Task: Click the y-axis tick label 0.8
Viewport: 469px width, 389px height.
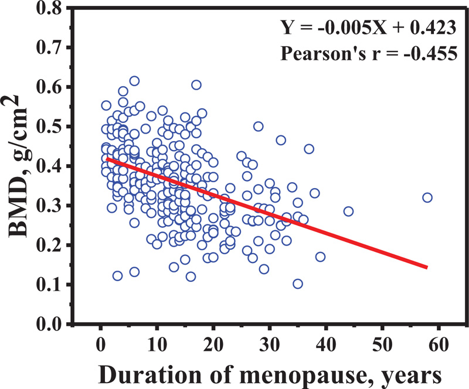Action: [x=55, y=9]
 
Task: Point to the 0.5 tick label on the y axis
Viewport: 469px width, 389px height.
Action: [x=55, y=127]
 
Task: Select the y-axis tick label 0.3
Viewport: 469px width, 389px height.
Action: [x=55, y=206]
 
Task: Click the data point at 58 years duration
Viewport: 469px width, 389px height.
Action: [x=427, y=197]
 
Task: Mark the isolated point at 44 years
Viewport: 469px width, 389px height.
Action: [x=348, y=211]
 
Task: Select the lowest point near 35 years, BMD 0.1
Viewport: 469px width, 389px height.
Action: [x=298, y=284]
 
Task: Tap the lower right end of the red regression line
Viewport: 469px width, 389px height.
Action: [x=427, y=267]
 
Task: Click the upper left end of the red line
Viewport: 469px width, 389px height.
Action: [x=107, y=159]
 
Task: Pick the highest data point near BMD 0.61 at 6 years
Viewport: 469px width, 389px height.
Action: [x=134, y=81]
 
